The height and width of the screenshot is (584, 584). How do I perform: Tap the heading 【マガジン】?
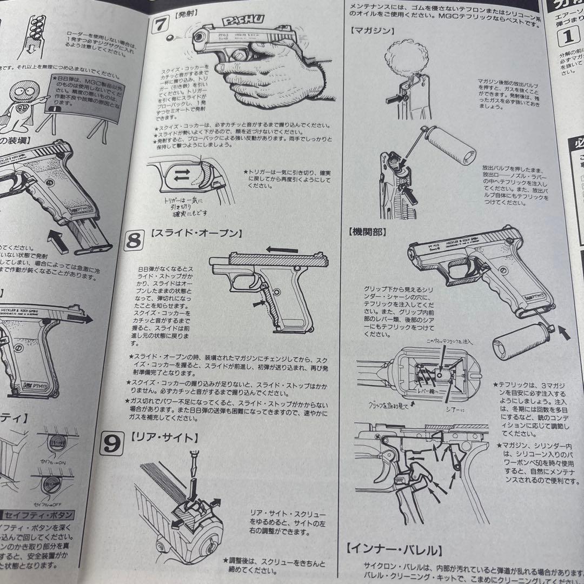pos(372,31)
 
